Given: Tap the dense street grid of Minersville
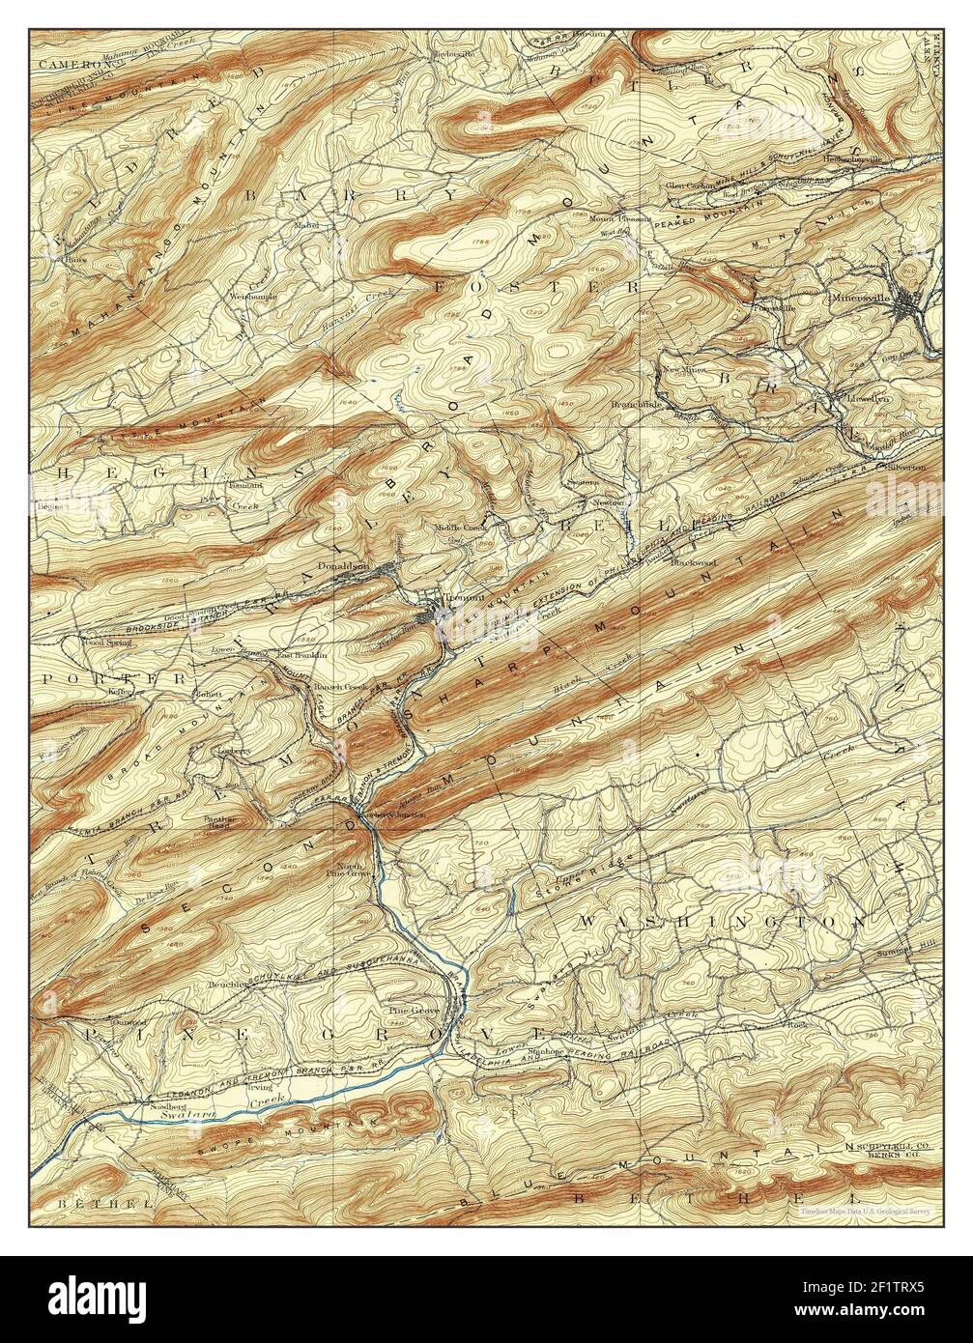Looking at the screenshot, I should [x=907, y=306].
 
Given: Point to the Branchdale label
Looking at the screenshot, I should [x=635, y=404].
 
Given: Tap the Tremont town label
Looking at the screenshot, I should [x=467, y=599].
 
